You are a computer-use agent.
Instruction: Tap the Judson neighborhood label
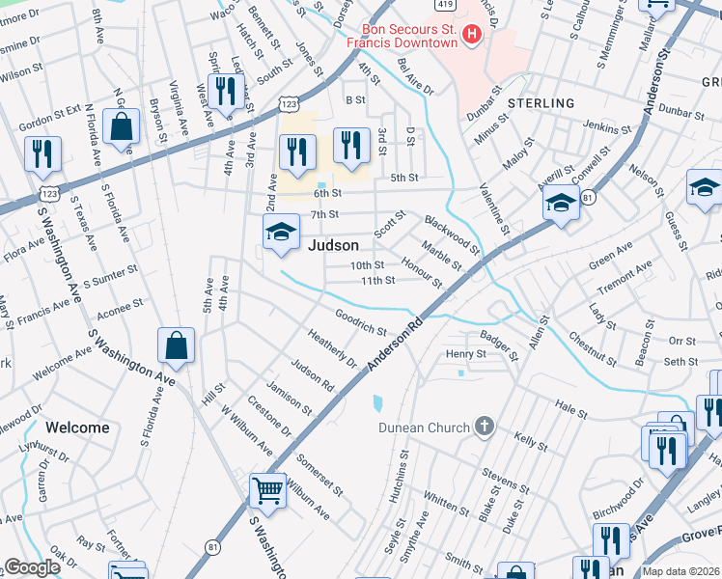tap(333, 245)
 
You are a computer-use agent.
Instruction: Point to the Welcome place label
tap(77, 427)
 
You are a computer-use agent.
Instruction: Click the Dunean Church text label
tap(424, 427)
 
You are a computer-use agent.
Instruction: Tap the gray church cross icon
tap(485, 426)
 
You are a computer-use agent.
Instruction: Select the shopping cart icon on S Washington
tap(267, 489)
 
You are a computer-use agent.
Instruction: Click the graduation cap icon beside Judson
tap(281, 232)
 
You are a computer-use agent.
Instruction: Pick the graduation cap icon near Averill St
tap(561, 203)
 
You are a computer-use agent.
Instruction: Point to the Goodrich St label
tap(361, 321)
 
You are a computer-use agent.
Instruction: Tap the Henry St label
tap(465, 354)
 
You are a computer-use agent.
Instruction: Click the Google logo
tap(32, 567)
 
